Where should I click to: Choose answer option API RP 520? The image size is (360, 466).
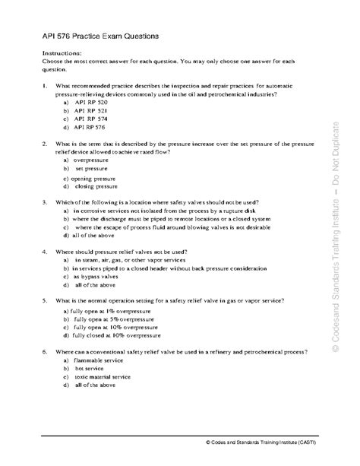coord(90,101)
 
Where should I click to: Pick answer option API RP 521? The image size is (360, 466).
coord(90,110)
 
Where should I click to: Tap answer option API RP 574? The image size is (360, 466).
coord(90,119)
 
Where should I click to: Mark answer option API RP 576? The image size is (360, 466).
coord(90,128)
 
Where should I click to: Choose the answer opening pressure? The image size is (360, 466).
coord(95,177)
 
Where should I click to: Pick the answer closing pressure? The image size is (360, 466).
coord(96,186)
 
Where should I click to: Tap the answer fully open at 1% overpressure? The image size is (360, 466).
coord(105,310)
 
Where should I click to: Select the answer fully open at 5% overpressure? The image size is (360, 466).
coord(107,319)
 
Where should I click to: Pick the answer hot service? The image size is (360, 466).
coord(91,369)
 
